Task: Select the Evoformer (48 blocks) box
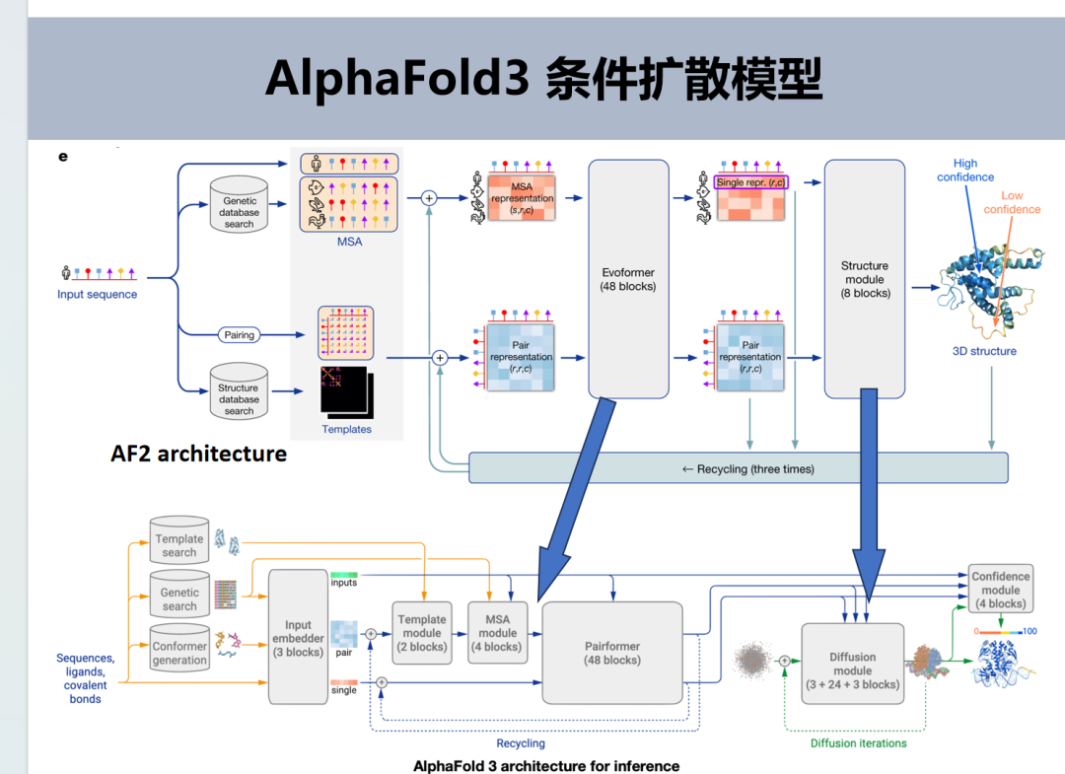[628, 279]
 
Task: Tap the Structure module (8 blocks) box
[864, 279]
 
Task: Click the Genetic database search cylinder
[239, 208]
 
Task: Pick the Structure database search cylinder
[239, 395]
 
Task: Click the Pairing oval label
[239, 335]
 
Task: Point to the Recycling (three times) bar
[738, 468]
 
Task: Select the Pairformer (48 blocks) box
[612, 653]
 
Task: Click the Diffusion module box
[852, 664]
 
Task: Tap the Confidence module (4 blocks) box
[1000, 590]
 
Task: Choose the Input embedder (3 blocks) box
[298, 637]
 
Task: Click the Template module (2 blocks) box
[421, 633]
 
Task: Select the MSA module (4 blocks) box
[497, 633]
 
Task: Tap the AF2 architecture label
[198, 454]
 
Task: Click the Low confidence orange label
[1012, 202]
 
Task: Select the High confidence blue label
[965, 170]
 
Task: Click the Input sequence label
[97, 294]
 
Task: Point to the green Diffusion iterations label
[858, 742]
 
